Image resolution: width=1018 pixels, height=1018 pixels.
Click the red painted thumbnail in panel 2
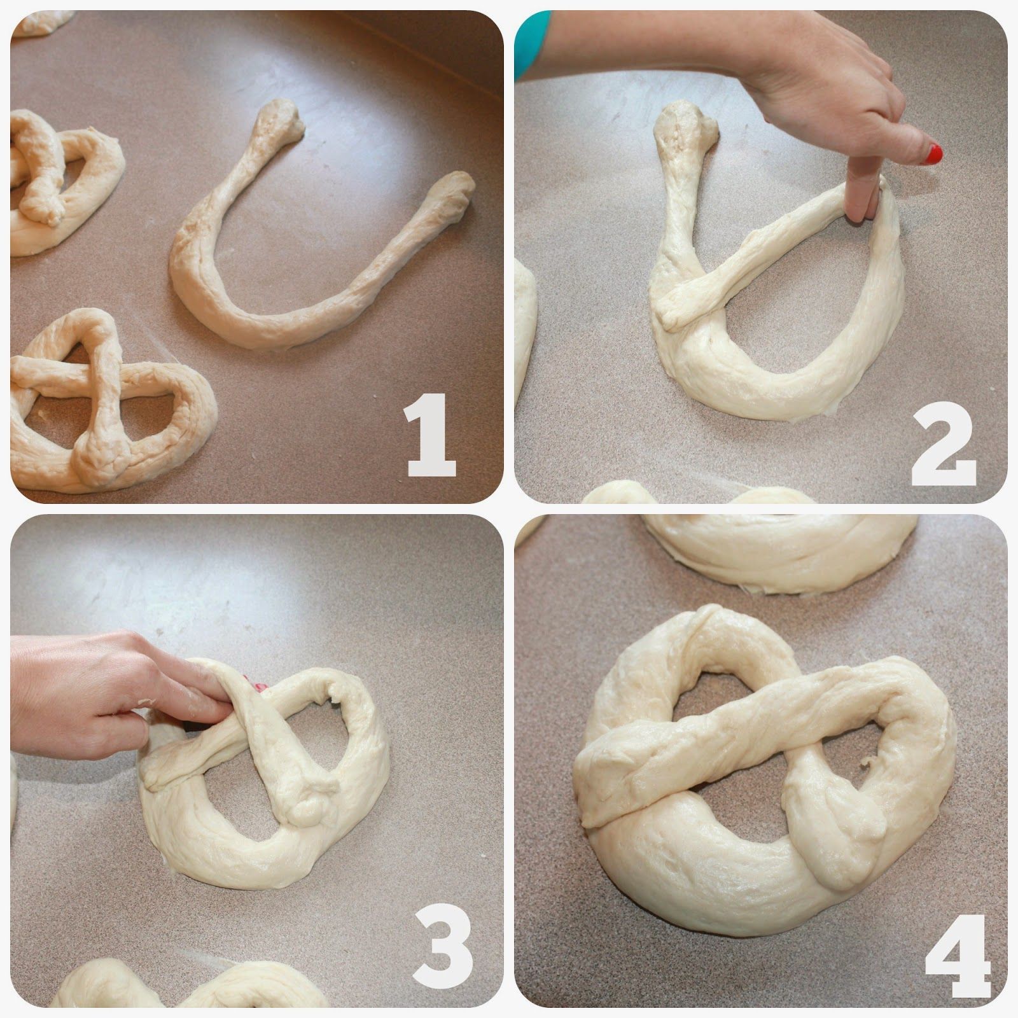[x=933, y=153]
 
